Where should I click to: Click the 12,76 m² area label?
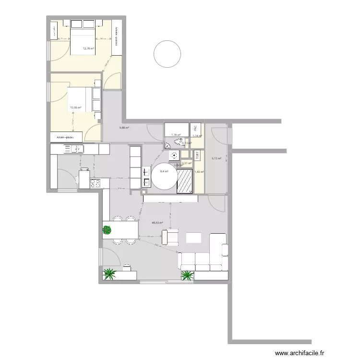pos(88,48)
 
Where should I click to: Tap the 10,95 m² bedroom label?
pos(76,108)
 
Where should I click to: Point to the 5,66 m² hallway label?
pos(125,128)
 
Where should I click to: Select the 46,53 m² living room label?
pos(157,223)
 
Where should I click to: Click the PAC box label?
pos(195,129)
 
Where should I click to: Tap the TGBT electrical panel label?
pos(197,155)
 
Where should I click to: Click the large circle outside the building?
pos(168,55)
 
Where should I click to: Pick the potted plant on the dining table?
pos(107,230)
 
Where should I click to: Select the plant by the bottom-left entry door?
pos(110,274)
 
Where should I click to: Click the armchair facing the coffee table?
pos(170,237)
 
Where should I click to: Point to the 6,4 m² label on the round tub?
pos(164,171)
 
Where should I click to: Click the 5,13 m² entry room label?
pos(216,158)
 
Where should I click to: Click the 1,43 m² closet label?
pos(199,172)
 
